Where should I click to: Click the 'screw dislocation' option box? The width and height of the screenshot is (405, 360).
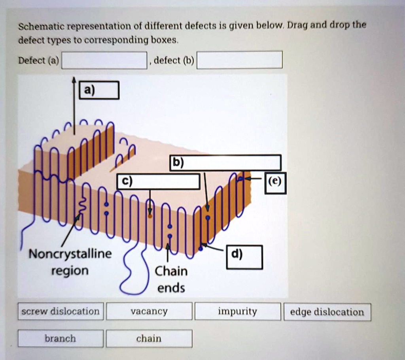pos(61,311)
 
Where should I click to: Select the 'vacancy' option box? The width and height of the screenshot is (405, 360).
pos(149,311)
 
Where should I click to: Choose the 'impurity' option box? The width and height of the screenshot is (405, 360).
pos(238,311)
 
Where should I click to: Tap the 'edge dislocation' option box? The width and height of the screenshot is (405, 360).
pos(327,312)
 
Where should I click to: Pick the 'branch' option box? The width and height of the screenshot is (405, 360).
pos(61,339)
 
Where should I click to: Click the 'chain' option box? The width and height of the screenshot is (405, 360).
pos(149,339)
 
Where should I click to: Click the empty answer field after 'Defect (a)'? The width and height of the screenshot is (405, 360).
pos(104,60)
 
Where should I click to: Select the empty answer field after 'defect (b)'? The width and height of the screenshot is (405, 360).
pos(240,60)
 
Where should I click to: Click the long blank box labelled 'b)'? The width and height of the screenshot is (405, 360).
pos(225,163)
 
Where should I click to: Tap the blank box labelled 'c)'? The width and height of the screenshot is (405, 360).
pos(159,181)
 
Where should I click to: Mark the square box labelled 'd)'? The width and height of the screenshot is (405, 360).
pos(244,257)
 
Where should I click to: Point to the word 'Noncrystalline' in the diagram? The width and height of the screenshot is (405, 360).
pos(70,253)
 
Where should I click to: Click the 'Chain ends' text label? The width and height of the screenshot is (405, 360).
pos(171,279)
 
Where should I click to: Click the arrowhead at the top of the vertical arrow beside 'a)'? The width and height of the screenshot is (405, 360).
pos(74,80)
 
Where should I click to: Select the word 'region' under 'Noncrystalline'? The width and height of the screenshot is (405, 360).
pos(70,271)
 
